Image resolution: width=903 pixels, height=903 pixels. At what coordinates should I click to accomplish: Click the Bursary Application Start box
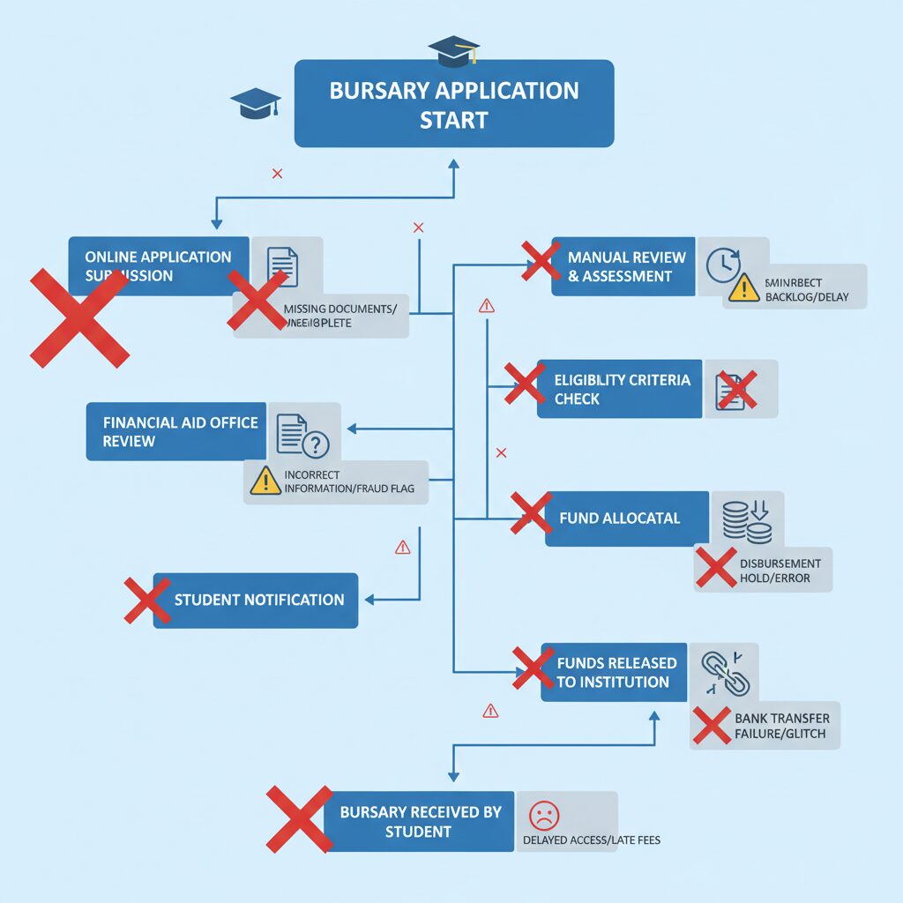(x=453, y=104)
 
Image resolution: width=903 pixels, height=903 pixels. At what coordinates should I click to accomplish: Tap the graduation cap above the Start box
(x=453, y=50)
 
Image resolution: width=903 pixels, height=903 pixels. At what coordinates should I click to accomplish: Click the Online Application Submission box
(x=159, y=265)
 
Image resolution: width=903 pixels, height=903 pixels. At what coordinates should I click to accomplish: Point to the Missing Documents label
(x=340, y=316)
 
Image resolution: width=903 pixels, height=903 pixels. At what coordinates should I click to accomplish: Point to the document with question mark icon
(x=301, y=435)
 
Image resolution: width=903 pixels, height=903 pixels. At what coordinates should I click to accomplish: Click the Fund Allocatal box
(x=626, y=519)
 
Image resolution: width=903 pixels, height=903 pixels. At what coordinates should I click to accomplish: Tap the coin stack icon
(x=746, y=520)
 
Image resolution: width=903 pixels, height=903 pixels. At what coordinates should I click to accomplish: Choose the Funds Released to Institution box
(x=615, y=672)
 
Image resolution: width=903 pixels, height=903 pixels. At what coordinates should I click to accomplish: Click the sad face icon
(x=544, y=814)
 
